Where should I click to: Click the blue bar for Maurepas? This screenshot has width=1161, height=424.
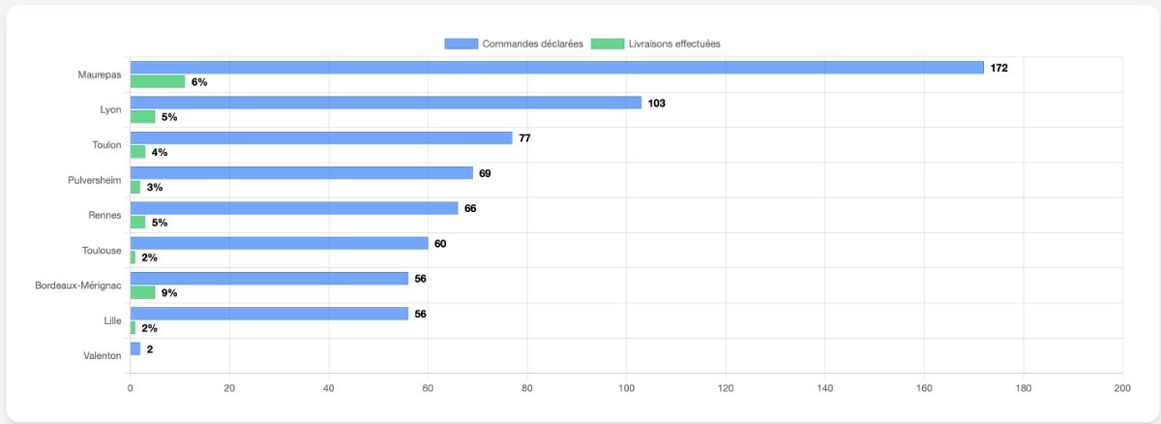coord(556,68)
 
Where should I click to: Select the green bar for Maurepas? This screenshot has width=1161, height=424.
coord(157,81)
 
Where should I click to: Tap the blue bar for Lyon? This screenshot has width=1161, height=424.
coord(385,103)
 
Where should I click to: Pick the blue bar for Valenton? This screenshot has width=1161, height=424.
coord(134,348)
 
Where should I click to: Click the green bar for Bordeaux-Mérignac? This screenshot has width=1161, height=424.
coord(142,292)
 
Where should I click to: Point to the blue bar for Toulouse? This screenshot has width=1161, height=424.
coord(279,243)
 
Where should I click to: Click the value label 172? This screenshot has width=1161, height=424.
coord(999,68)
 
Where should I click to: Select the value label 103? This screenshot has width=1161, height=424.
coord(657,103)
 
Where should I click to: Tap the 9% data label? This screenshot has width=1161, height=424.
coord(169,292)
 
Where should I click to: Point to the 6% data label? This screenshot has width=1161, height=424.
coord(199,82)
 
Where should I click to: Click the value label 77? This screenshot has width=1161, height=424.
coord(524,138)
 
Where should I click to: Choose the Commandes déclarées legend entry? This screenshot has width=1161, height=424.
coord(514,44)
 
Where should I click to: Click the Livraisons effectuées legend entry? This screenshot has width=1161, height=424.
coord(655,44)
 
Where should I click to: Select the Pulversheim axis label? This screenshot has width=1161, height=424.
coord(95,180)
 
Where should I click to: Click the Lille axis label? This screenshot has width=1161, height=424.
coord(112,320)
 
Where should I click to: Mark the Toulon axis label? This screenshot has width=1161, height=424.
coord(106,144)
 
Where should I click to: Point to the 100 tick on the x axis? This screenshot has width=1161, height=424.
coord(626,388)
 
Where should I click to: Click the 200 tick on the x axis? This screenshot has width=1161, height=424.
coord(1121,388)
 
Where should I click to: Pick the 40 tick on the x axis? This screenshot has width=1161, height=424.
coord(328,388)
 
